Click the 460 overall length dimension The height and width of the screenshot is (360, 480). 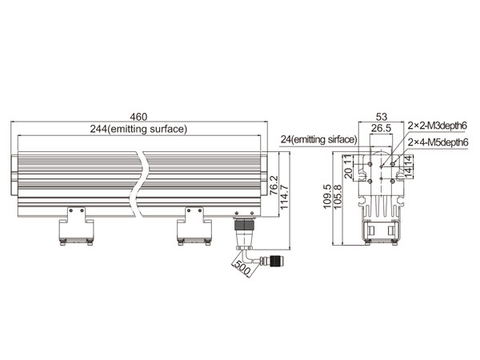[138, 117]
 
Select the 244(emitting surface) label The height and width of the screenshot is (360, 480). [138, 129]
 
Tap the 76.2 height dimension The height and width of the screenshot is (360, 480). [274, 185]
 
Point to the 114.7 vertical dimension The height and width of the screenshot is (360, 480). [284, 197]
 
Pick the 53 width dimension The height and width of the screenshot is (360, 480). [382, 117]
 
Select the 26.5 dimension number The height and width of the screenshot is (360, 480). [381, 128]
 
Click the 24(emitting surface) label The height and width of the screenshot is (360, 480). [319, 139]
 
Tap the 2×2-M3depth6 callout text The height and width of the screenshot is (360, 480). [438, 126]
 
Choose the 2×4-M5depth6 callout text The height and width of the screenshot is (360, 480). [438, 142]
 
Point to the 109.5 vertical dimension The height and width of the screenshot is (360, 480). [327, 197]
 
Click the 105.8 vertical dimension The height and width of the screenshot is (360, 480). [337, 197]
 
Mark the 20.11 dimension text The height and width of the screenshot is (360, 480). [348, 166]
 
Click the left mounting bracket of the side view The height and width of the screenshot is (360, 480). [77, 226]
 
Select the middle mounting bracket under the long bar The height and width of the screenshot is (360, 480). [194, 226]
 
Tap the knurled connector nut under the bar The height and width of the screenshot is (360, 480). [244, 225]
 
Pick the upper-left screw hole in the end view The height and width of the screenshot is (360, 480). [370, 164]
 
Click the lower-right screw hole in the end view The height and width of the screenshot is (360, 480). [393, 182]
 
